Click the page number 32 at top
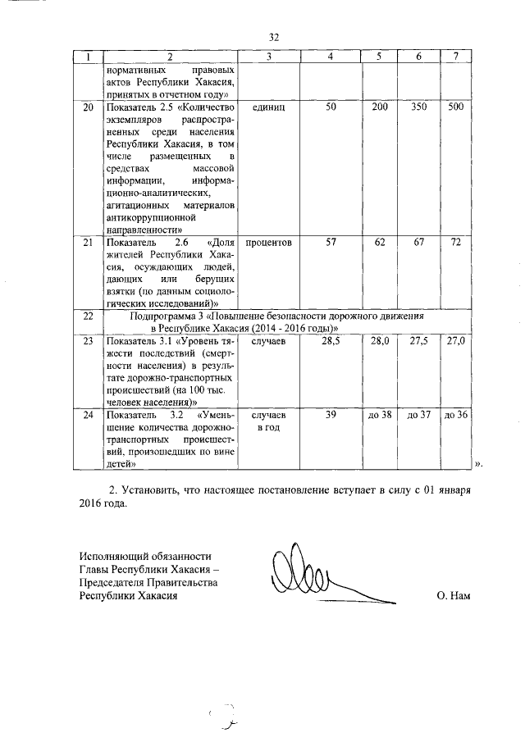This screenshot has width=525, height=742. pos(275,37)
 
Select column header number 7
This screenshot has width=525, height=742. pos(457,57)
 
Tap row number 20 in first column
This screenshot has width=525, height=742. pos(88,108)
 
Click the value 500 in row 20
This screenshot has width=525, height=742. pos(457,108)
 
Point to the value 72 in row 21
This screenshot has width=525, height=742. pos(457,243)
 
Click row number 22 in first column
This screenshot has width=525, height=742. pos(88,316)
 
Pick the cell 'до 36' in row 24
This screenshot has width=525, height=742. pos(456,416)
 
